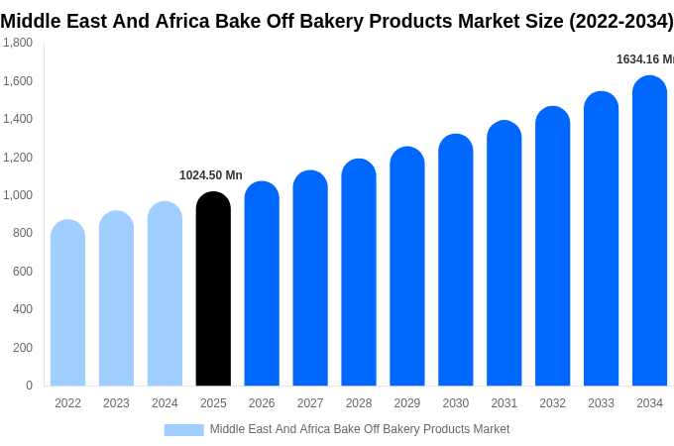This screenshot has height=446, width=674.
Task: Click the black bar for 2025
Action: click(213, 289)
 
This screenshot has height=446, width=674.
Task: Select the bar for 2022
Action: click(67, 303)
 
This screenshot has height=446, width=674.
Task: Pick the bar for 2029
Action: click(407, 267)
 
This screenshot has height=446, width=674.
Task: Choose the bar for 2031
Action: click(504, 254)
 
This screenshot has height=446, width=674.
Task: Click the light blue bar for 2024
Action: click(165, 294)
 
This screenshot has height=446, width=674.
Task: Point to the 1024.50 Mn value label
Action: click(211, 175)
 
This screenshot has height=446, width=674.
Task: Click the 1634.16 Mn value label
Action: click(645, 59)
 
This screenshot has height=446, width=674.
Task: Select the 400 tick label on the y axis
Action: click(22, 309)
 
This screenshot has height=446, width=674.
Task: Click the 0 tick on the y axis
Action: click(29, 386)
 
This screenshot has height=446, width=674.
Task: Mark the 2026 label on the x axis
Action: click(262, 403)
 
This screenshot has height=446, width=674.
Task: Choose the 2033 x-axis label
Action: click(601, 403)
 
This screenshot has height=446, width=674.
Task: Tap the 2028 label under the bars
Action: click(359, 403)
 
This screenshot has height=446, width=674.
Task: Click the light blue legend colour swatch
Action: click(183, 430)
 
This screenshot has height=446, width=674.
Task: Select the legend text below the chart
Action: click(360, 429)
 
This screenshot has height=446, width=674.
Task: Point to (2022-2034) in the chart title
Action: click(620, 21)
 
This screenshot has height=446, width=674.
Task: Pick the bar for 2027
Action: click(310, 279)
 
